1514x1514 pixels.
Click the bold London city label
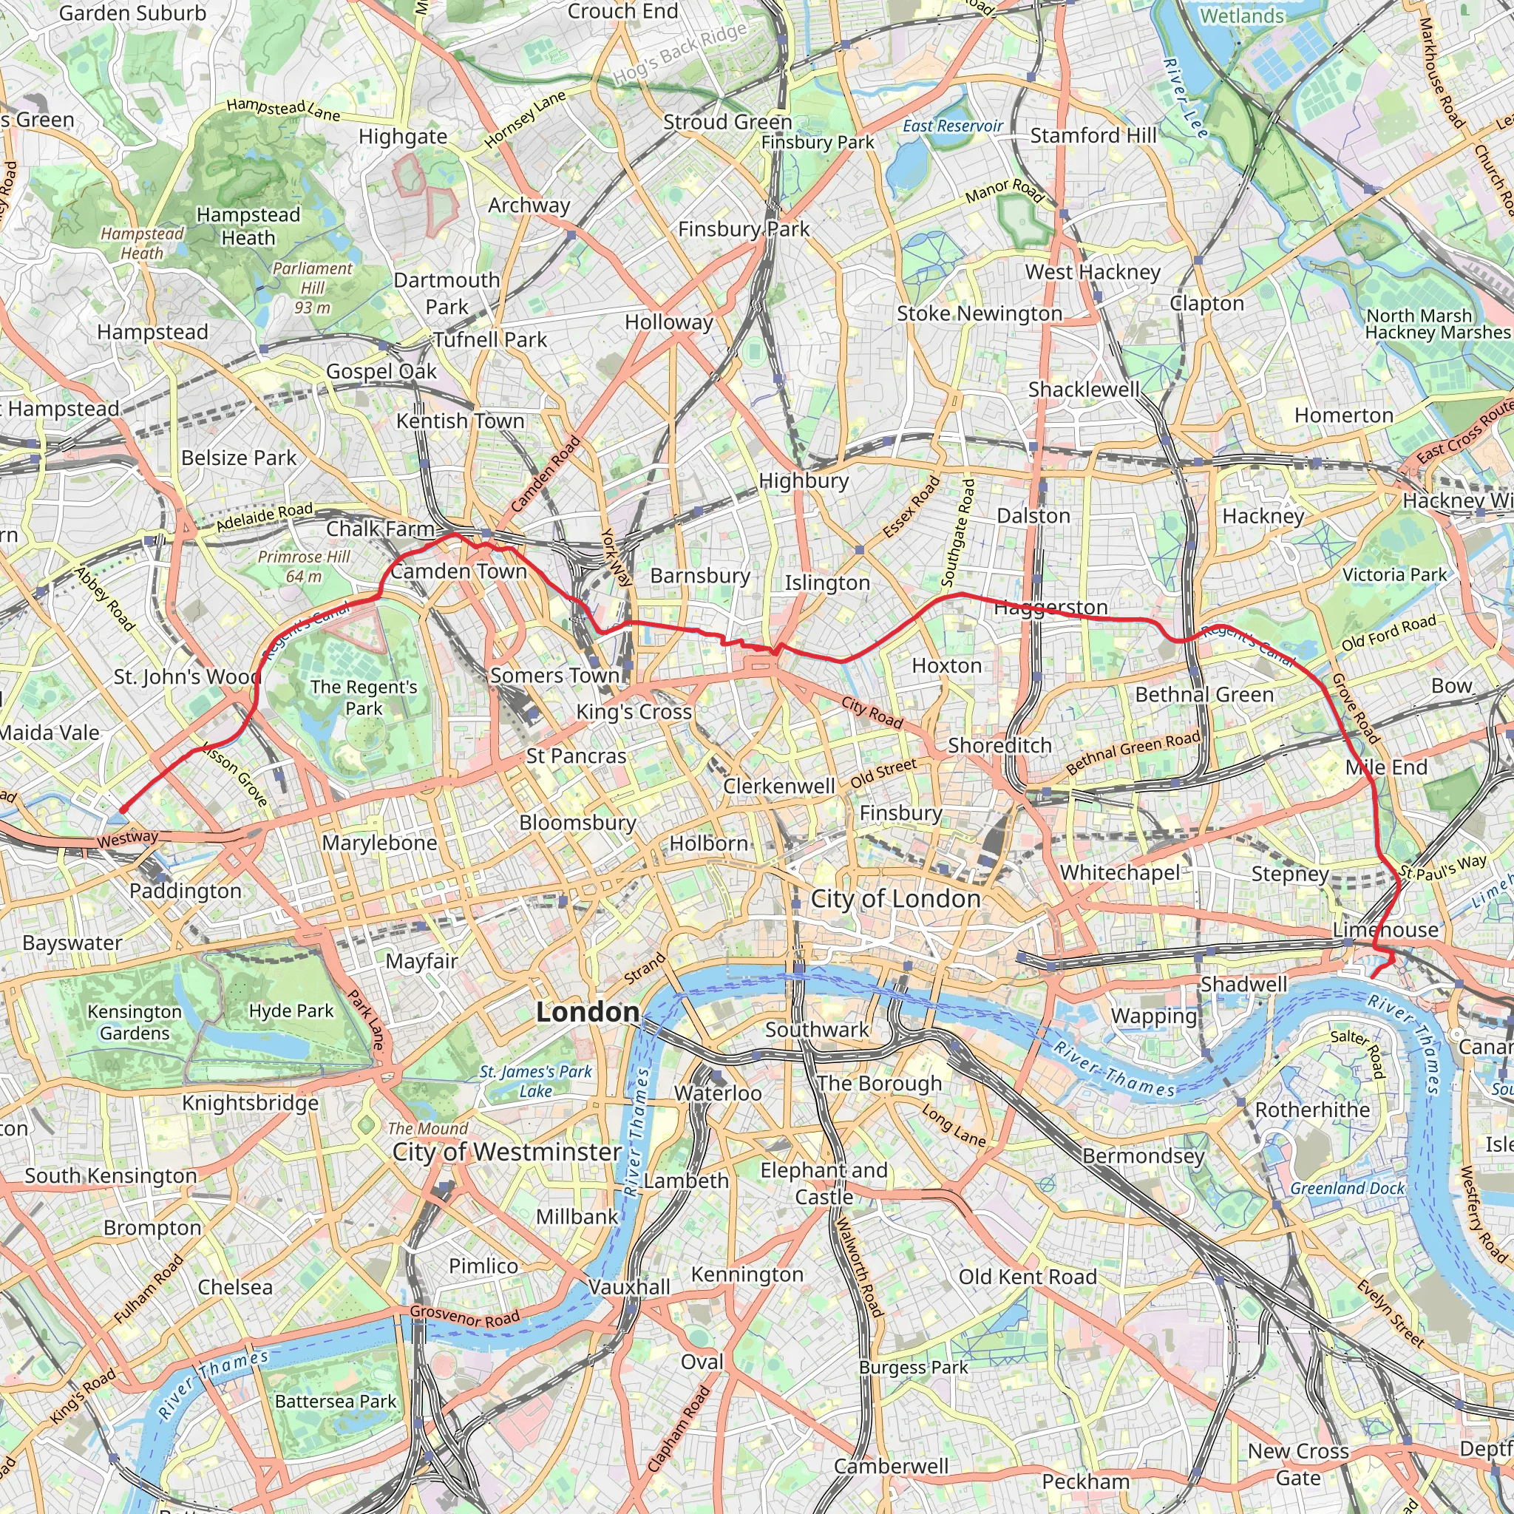click(587, 1012)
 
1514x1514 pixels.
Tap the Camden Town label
click(458, 571)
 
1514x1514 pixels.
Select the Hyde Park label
click(291, 1011)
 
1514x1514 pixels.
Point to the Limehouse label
click(1385, 930)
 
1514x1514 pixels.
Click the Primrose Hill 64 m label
click(304, 566)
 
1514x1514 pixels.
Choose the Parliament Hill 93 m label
click(312, 288)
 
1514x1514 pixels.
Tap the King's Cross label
click(634, 712)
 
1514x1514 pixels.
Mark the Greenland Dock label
click(1347, 1188)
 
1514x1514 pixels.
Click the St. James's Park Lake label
click(535, 1081)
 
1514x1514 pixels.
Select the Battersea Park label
click(336, 1401)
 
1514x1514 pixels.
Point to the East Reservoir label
click(952, 126)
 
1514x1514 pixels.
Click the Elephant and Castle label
click(824, 1184)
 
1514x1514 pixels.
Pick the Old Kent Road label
click(1028, 1277)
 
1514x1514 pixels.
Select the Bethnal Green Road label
click(1133, 753)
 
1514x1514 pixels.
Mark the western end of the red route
click(123, 809)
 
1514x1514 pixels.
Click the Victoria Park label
click(1394, 574)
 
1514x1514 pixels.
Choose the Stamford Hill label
click(1093, 135)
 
